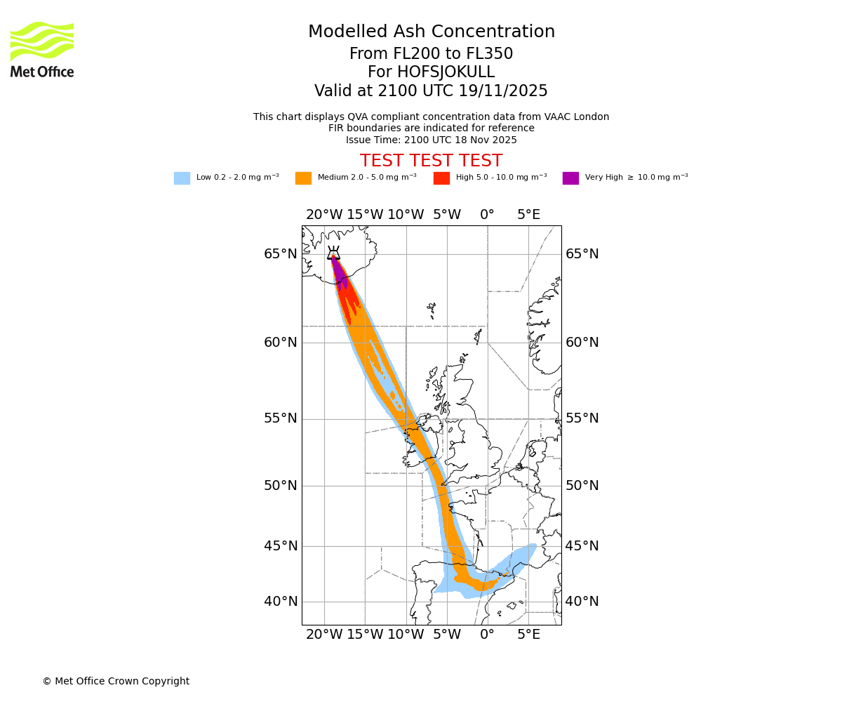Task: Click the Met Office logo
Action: click(x=42, y=49)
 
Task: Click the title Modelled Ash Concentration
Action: click(x=432, y=32)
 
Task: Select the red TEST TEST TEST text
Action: click(x=431, y=161)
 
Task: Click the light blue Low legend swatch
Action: click(x=182, y=178)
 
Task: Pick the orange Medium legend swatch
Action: click(x=303, y=178)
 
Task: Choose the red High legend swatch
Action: click(x=441, y=178)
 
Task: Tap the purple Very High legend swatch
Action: click(x=570, y=178)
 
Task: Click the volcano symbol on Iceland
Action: click(x=333, y=253)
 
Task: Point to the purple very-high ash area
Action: click(x=339, y=272)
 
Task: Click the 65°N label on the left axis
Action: click(x=281, y=254)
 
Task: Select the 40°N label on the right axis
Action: click(x=582, y=602)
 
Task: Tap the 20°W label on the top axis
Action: click(x=324, y=215)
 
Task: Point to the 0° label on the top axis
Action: click(x=487, y=215)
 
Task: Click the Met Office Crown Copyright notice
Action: click(x=116, y=682)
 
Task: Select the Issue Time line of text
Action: click(x=431, y=140)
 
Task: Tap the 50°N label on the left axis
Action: click(x=281, y=486)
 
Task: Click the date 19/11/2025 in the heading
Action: click(x=503, y=91)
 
